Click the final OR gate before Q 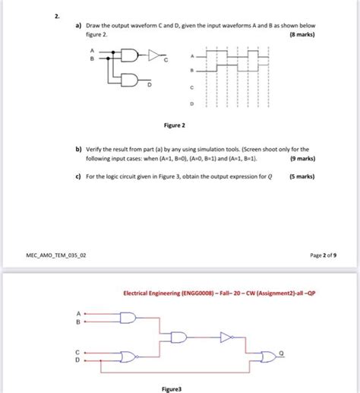pos(267,357)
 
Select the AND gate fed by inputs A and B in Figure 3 pos(127,317)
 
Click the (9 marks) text pos(318,160)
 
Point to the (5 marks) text pos(318,177)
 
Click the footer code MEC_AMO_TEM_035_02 pos(54,256)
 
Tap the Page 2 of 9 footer pos(323,256)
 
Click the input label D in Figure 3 pos(75,362)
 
